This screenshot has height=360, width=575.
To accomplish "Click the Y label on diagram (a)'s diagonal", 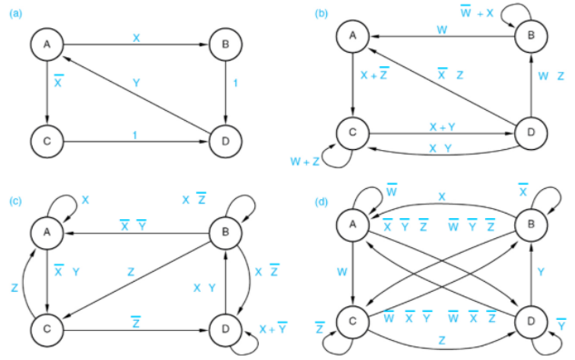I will [x=136, y=83].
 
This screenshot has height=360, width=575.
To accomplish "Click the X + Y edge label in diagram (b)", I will [x=441, y=125].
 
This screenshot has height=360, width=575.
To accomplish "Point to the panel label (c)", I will [x=15, y=197].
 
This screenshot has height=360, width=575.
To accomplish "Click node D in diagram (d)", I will [x=530, y=323].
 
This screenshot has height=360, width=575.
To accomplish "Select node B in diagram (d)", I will [x=530, y=225].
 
